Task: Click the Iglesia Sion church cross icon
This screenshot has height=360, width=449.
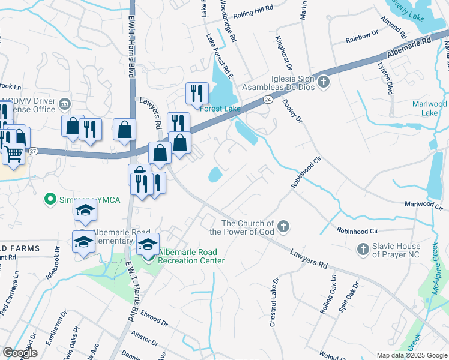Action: tap(324, 82)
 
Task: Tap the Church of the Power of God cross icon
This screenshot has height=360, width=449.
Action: tap(283, 227)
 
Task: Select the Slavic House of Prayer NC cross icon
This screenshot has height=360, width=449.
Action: tap(363, 248)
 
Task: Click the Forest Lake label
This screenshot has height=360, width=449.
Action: tap(220, 109)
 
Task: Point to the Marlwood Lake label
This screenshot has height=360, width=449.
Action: tap(429, 108)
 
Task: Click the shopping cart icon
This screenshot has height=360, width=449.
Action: tap(13, 154)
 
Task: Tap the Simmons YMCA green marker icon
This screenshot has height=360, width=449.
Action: tap(50, 199)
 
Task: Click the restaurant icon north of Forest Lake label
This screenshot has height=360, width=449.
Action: tap(196, 92)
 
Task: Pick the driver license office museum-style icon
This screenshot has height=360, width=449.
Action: tap(64, 106)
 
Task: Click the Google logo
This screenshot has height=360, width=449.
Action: tap(20, 352)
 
